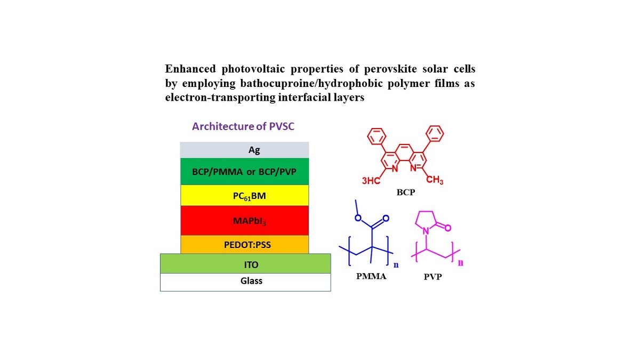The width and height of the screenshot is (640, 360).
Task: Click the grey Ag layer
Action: [244, 150]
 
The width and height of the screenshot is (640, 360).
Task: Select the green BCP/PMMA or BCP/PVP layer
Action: [244, 171]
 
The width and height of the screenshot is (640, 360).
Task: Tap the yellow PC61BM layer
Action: [244, 195]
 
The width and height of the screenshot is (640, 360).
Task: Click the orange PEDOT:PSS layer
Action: [244, 244]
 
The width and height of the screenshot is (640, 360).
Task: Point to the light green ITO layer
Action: [245, 263]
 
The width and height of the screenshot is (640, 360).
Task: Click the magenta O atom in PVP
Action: [448, 228]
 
